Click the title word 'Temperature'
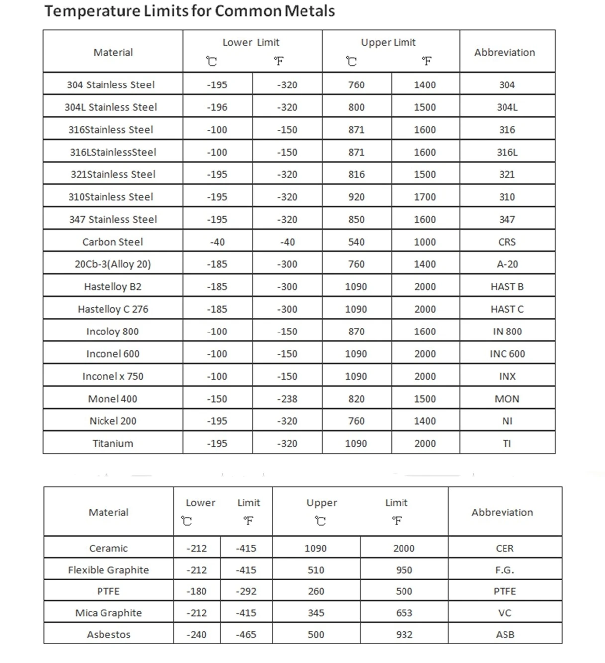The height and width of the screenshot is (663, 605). (92, 11)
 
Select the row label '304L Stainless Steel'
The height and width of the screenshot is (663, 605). (110, 107)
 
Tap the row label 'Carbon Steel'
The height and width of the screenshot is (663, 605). (112, 242)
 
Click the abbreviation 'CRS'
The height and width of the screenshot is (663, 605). (507, 242)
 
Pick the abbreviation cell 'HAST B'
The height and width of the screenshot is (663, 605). (507, 287)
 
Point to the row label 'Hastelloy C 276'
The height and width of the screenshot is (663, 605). (112, 309)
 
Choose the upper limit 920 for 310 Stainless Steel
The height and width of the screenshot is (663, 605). (356, 197)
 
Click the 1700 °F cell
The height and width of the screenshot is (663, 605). (425, 197)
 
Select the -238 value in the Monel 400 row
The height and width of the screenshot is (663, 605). (287, 399)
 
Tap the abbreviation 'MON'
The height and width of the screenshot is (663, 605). (507, 399)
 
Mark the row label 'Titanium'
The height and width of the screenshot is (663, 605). (112, 444)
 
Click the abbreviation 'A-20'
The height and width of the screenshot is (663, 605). (507, 264)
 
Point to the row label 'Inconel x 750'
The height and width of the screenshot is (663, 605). (112, 377)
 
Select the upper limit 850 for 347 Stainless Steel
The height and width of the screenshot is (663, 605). (356, 220)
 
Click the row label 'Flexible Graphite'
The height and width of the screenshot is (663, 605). (108, 570)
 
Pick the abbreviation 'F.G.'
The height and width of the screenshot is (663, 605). (504, 570)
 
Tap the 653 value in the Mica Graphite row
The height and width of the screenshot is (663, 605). (404, 613)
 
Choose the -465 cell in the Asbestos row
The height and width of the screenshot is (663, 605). (246, 635)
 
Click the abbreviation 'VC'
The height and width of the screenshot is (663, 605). (504, 613)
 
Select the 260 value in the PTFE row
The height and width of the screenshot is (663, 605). (316, 591)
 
